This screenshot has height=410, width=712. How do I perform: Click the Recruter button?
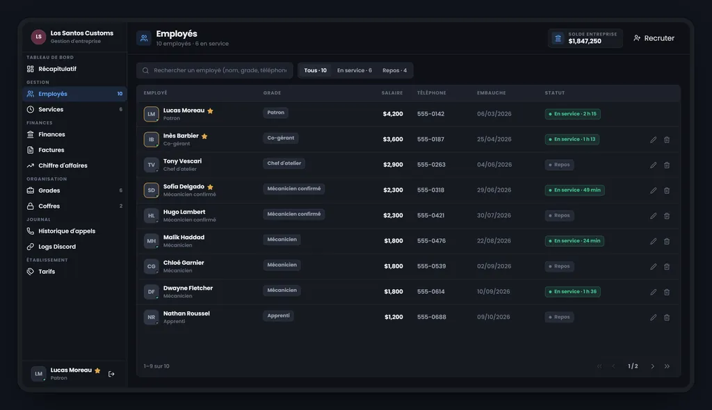654,38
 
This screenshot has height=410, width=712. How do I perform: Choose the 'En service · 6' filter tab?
354,70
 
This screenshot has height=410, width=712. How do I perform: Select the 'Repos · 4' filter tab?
395,70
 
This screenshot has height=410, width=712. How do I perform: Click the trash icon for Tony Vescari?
667,165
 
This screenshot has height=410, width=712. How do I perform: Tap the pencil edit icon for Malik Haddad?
653,241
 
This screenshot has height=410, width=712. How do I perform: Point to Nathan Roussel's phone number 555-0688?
431,317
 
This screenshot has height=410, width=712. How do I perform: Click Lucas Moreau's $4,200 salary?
393,114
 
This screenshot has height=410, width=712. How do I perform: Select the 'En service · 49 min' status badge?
574,190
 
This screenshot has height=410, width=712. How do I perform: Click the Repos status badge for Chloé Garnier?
559,267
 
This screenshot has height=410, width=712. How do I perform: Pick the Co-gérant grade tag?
281,138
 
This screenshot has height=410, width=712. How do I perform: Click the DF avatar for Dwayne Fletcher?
151,292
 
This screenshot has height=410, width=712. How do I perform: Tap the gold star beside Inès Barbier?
204,136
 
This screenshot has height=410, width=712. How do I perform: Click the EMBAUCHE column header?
492,93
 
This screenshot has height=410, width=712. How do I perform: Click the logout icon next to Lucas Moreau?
111,374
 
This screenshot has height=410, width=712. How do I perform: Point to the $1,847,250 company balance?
585,41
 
